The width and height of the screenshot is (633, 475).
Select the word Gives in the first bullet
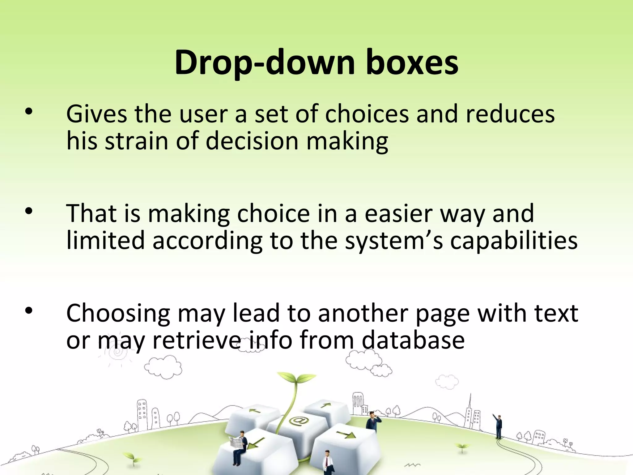pyautogui.click(x=96, y=114)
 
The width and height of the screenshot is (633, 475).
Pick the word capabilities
pyautogui.click(x=513, y=240)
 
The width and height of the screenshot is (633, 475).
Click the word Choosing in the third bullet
pyautogui.click(x=118, y=313)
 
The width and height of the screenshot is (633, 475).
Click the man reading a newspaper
pyautogui.click(x=240, y=445)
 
